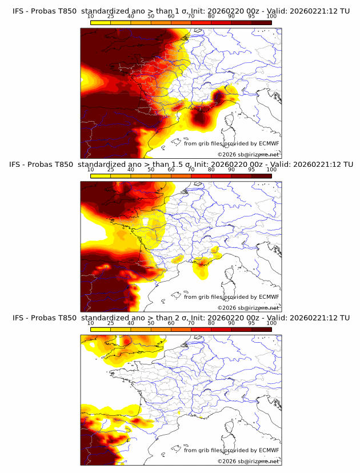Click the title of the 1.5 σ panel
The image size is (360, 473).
click(x=181, y=165)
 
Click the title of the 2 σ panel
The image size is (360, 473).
click(x=181, y=318)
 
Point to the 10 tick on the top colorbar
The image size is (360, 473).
click(x=90, y=16)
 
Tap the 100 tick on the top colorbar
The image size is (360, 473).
click(x=271, y=16)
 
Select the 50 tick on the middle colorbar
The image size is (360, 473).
click(x=151, y=170)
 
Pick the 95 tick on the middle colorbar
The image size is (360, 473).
click(x=251, y=170)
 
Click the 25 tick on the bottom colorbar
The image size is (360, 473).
click(x=111, y=323)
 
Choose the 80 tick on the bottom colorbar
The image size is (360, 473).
click(x=211, y=323)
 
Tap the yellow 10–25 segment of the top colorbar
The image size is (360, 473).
click(x=101, y=22)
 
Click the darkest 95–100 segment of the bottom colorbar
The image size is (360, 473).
click(x=261, y=329)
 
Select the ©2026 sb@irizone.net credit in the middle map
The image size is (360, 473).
click(x=248, y=307)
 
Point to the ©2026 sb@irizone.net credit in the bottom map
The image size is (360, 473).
click(x=248, y=461)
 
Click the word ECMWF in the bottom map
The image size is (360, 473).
click(x=269, y=451)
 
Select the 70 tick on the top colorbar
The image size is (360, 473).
click(x=191, y=16)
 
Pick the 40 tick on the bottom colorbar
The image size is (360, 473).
click(x=131, y=323)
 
